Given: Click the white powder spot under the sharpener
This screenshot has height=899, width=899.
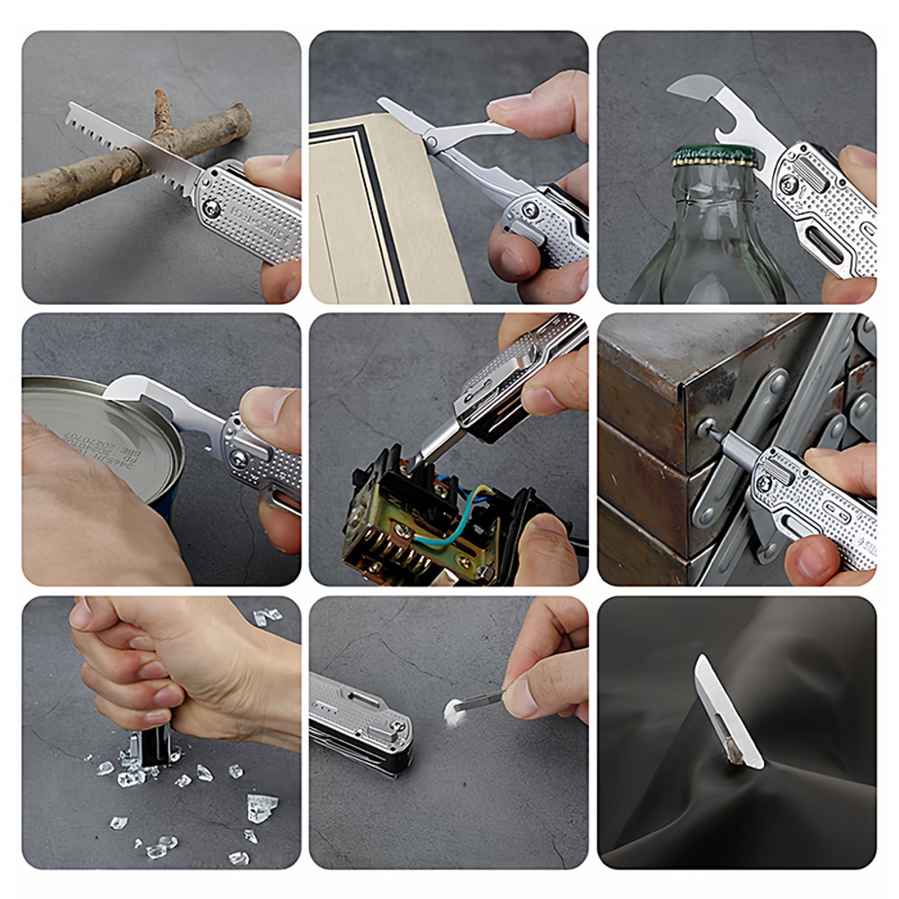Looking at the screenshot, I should coord(454,709).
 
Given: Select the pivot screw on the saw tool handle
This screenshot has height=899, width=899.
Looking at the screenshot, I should coord(212,209).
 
